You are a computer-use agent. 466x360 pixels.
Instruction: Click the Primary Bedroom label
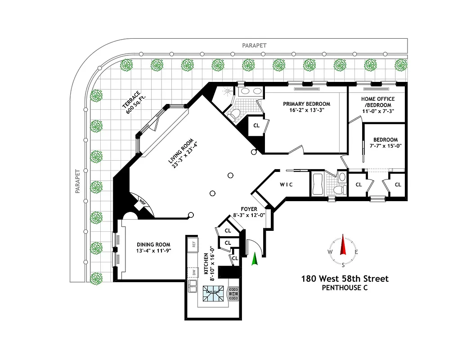[x=306, y=104]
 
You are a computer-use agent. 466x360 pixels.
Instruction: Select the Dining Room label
[x=153, y=245]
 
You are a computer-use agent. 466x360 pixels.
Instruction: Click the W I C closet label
[x=287, y=184]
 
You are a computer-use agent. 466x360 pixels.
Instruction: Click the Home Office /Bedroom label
[x=378, y=99]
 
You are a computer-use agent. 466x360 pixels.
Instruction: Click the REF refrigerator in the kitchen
[x=193, y=244]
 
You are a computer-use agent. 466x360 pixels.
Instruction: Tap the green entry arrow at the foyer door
[x=254, y=259]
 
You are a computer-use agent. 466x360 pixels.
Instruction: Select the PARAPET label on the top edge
[x=254, y=45]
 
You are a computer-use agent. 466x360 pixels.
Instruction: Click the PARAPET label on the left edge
[x=77, y=181]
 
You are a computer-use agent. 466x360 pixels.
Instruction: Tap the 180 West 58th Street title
[x=345, y=279]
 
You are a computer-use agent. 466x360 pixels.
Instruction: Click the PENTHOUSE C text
[x=345, y=288]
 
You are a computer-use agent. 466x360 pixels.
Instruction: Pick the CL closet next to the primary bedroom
[x=256, y=126]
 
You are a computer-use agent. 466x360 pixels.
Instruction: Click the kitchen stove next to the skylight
[x=233, y=293]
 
